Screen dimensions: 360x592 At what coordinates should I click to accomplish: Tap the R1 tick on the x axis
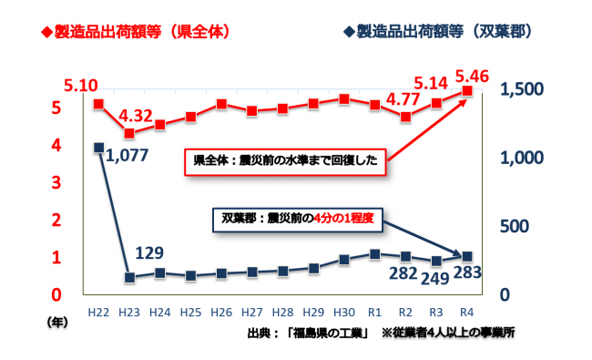[375, 313]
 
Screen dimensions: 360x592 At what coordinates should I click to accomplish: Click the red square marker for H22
[98, 105]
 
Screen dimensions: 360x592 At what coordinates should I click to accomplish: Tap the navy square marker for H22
[98, 147]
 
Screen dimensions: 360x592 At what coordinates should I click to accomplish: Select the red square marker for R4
[468, 90]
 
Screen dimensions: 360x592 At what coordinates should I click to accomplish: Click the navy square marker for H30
[344, 260]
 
